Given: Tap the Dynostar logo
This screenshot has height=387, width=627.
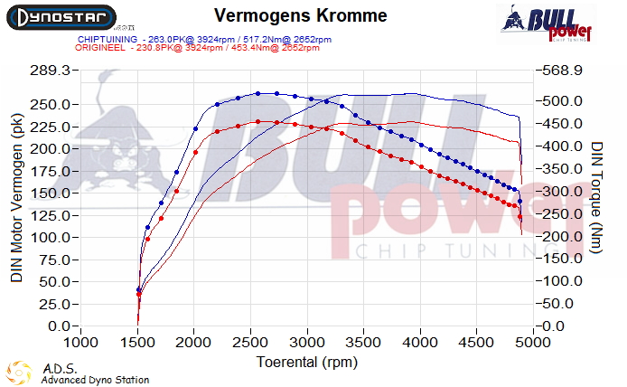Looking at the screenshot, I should coord(61,16).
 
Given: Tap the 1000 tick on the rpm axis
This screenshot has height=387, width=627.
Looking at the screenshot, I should coord(81,343).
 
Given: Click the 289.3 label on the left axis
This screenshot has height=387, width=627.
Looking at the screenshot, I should coord(49,71).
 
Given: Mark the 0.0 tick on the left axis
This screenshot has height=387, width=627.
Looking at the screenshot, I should coord(59,326).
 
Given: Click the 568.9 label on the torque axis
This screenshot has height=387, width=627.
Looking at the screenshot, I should coord(564,71).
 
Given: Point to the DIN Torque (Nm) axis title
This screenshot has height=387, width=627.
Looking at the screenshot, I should coord(597,197).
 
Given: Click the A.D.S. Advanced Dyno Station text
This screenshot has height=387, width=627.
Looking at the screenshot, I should coord(94,374).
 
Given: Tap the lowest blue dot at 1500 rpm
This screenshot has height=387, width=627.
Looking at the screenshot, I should coord(138,290).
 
